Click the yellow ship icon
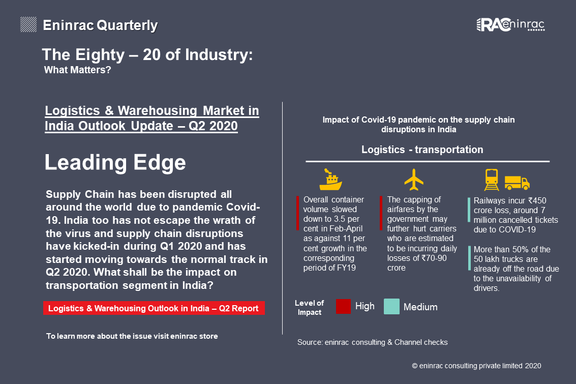click(x=330, y=180)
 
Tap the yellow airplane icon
click(x=414, y=180)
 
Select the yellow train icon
click(x=492, y=180)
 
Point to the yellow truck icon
click(x=517, y=183)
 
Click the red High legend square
click(x=344, y=307)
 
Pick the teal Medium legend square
click(x=391, y=307)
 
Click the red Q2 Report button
click(x=154, y=308)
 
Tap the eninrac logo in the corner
click(x=510, y=24)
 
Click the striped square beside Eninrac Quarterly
click(x=28, y=24)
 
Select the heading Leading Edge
click(x=115, y=162)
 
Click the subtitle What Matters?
click(x=77, y=70)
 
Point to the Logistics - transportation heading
click(x=422, y=150)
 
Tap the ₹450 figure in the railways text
click(x=537, y=200)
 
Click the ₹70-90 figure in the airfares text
click(x=434, y=258)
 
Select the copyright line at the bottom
click(x=476, y=366)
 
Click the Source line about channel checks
click(x=373, y=342)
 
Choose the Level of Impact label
click(x=309, y=308)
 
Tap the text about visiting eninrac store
click(x=132, y=336)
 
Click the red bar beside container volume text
click(x=297, y=214)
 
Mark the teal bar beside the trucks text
click(x=469, y=258)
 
